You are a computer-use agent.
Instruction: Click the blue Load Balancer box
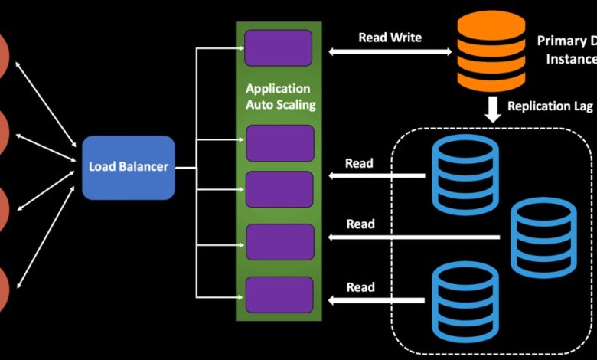pos(129,167)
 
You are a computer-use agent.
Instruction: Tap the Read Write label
pos(390,37)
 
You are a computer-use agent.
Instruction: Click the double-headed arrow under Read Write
pos(390,52)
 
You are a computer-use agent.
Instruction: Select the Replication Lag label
pos(550,106)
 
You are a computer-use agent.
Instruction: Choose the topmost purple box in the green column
pos(278,47)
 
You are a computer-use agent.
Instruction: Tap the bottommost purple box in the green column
pos(279,295)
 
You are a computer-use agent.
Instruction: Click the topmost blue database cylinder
pos(465,175)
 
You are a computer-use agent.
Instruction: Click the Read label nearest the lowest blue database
pos(360,287)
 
